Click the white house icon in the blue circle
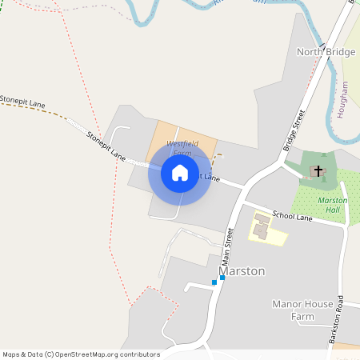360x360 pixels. click(179, 173)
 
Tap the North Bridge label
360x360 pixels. click(326, 52)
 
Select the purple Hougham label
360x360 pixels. click(344, 99)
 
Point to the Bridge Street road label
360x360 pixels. click(295, 130)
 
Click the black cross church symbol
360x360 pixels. click(318, 171)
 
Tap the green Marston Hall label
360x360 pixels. click(333, 205)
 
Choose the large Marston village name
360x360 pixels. click(242, 271)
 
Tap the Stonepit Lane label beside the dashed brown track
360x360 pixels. click(22, 103)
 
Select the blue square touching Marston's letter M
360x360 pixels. click(222, 278)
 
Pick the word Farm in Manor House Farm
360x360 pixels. click(303, 317)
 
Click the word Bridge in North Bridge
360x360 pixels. click(340, 52)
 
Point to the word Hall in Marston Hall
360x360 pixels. click(333, 210)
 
